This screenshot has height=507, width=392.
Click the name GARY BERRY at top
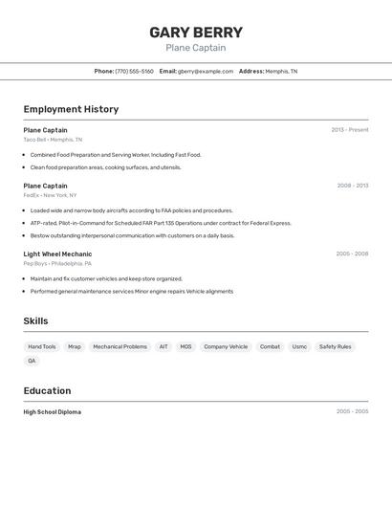click(196, 33)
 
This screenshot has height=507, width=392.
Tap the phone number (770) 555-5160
click(134, 71)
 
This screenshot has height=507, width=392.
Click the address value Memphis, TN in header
click(281, 71)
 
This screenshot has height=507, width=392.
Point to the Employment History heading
click(71, 109)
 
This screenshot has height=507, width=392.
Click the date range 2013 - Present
click(350, 130)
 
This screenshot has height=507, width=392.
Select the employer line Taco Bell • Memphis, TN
click(53, 140)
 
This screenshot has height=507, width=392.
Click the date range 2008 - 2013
click(352, 186)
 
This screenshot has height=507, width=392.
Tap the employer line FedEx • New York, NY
click(50, 195)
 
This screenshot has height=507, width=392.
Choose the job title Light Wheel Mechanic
click(57, 253)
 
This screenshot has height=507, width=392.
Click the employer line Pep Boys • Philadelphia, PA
click(57, 263)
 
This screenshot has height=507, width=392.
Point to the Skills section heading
click(35, 321)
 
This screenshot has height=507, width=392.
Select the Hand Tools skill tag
click(42, 346)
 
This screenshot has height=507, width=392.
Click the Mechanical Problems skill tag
click(120, 346)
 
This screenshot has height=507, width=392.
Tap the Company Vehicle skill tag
click(226, 346)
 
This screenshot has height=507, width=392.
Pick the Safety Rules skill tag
click(335, 346)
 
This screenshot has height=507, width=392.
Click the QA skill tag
click(32, 361)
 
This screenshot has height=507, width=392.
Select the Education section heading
click(47, 390)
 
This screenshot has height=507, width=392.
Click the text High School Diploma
click(53, 412)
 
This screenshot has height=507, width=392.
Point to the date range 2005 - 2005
click(352, 412)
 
